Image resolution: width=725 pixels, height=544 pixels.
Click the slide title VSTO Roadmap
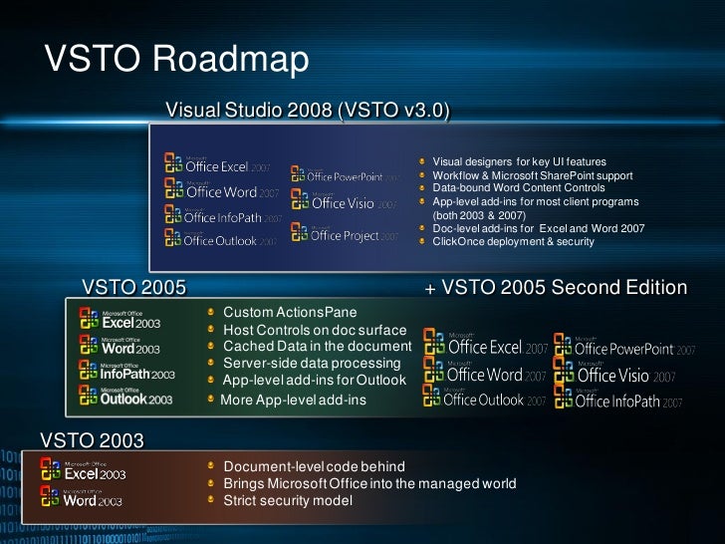[177, 59]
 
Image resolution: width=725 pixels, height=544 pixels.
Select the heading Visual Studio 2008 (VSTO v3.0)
[307, 109]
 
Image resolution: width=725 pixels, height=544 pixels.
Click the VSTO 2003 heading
[92, 439]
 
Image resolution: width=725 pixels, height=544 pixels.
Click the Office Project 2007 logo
[345, 234]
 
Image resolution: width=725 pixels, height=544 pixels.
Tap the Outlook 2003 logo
[125, 397]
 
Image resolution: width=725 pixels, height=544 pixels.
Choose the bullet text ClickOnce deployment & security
[513, 241]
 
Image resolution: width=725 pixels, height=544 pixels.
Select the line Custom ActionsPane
[290, 313]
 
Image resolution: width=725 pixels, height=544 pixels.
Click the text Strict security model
[288, 500]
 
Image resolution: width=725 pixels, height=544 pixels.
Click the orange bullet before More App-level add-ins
[211, 400]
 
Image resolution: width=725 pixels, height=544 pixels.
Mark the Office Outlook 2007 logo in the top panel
[211, 239]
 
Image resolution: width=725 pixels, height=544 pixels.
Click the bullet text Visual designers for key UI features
[519, 161]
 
